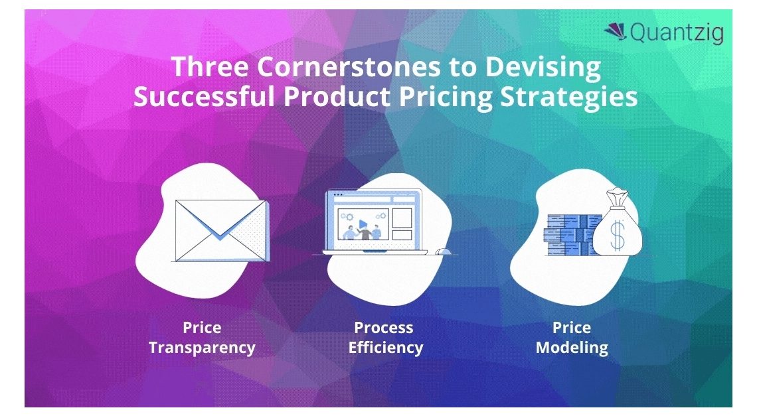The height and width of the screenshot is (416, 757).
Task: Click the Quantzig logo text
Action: (x=677, y=33)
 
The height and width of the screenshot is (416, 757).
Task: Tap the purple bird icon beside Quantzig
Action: (x=615, y=31)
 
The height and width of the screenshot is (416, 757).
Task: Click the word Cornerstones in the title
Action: (x=349, y=66)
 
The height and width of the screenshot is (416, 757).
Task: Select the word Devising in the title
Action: (x=543, y=68)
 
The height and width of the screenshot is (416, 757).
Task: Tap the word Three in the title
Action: (x=210, y=66)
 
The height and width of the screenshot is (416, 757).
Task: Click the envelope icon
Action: (x=220, y=231)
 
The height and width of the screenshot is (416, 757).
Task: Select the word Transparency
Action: (x=202, y=348)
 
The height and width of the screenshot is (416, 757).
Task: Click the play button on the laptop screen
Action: (x=362, y=224)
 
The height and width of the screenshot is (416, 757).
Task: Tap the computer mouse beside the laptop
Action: (x=443, y=251)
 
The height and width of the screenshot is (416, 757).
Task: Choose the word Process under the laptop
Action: (x=384, y=328)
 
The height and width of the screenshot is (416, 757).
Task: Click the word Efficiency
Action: (x=386, y=348)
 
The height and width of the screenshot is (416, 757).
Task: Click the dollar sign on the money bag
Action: (x=618, y=235)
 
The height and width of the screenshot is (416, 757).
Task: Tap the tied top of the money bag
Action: (x=618, y=196)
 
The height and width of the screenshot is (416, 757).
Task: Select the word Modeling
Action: (x=572, y=348)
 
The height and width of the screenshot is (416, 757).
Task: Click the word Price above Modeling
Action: (x=572, y=328)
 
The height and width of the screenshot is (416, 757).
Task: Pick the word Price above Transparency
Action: (x=202, y=328)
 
